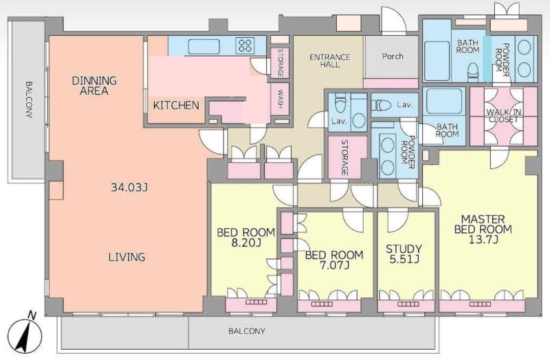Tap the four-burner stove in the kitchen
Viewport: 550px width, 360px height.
pos(245,45)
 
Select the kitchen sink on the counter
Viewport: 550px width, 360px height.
pos(203,46)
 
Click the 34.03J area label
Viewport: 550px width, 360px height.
pos(129,188)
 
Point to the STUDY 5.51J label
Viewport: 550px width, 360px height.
pos(404,254)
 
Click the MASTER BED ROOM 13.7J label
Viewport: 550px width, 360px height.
pos(483,229)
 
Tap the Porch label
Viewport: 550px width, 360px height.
pos(393,56)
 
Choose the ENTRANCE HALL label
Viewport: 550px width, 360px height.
pos(330,60)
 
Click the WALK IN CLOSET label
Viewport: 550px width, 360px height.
pos(503,115)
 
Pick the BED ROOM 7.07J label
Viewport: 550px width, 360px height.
pos(334,260)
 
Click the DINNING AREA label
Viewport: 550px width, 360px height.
pos(94,85)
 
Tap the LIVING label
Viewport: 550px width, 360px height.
pos(126,257)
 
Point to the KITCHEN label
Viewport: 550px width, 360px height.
pos(176,105)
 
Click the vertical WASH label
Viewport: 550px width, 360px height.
pos(280,99)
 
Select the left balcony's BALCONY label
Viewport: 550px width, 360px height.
pos(29,100)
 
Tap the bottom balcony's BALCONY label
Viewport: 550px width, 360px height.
pos(247,331)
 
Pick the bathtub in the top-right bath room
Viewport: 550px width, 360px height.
pos(437,61)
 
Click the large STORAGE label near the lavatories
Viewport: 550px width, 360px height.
pos(344,158)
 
